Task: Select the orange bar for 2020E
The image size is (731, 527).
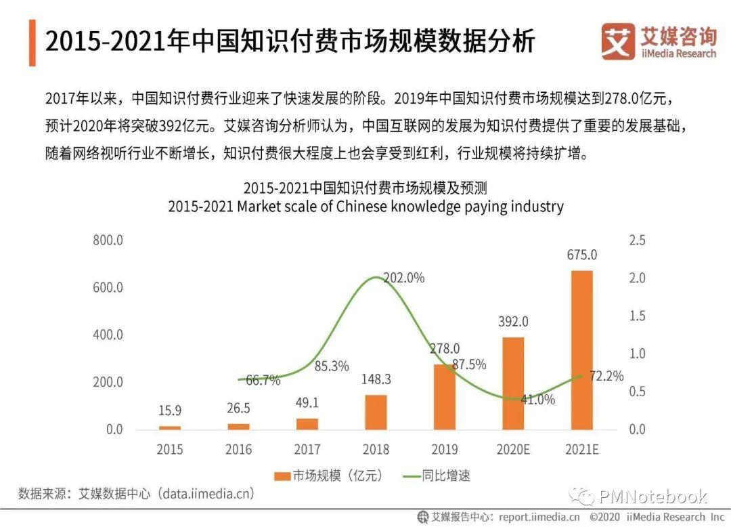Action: click(513, 383)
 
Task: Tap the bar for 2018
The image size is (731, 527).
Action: click(376, 412)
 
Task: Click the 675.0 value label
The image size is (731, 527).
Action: click(582, 255)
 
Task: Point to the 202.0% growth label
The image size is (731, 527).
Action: click(403, 278)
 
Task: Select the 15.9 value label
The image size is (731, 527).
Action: click(170, 410)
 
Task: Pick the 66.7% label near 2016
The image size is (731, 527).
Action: click(263, 381)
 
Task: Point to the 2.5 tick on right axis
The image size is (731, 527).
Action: click(638, 240)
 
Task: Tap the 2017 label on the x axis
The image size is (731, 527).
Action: click(307, 449)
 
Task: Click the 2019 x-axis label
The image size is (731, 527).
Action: click(444, 449)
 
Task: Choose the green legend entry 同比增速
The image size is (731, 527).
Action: click(436, 476)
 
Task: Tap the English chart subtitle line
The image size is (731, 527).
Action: click(365, 207)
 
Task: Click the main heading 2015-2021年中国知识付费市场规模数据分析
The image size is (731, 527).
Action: click(290, 41)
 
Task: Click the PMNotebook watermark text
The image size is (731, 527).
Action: click(652, 497)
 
